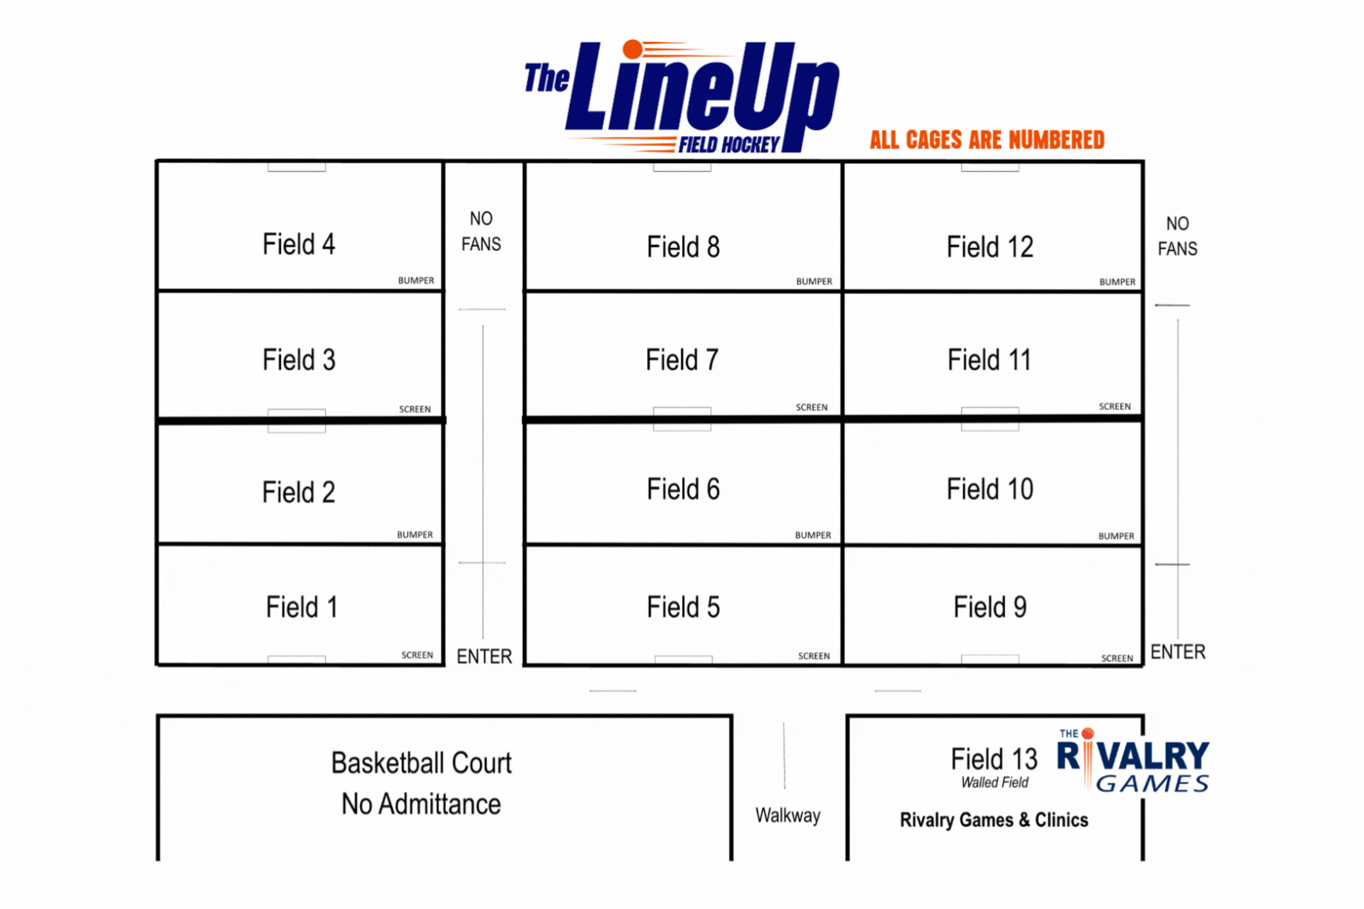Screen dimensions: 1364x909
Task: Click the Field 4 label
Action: point(298,245)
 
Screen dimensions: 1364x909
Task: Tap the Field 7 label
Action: point(682,361)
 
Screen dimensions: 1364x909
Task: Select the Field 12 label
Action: point(990,247)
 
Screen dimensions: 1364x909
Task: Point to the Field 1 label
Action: point(302,608)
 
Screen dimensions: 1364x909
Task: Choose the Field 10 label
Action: point(990,489)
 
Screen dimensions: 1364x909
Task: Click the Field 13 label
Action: point(994,759)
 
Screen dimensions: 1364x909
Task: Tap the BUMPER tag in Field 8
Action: point(814,282)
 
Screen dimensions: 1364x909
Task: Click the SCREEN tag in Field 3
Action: point(414,410)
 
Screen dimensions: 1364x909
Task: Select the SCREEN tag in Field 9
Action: point(1117,658)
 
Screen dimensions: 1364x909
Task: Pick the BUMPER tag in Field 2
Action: point(414,535)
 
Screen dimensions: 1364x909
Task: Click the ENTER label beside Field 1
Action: point(484,656)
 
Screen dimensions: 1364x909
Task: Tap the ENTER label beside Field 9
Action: point(1178,652)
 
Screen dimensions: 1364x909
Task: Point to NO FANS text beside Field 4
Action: point(481,231)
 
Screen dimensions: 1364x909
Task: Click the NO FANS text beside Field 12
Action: point(1177,236)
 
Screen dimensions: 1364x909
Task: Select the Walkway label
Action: point(788,815)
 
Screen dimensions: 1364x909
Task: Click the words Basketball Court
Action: point(422,763)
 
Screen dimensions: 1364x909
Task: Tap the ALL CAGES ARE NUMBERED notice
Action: point(987,140)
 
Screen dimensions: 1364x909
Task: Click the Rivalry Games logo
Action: point(1133,761)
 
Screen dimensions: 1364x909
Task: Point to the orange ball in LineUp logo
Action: point(632,50)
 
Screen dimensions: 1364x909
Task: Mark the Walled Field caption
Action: point(995,783)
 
